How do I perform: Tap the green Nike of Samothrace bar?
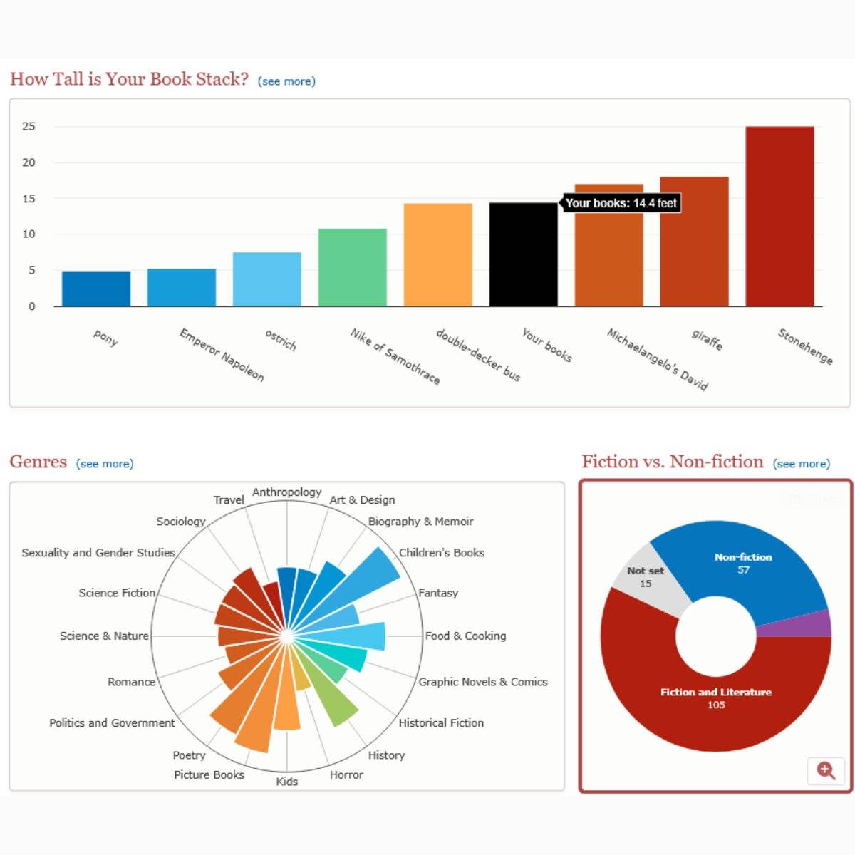point(352,268)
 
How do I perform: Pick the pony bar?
point(96,289)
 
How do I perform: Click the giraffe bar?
point(694,242)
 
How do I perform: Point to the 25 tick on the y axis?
point(28,127)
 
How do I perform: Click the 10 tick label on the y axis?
point(28,234)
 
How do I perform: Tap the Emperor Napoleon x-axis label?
point(222,355)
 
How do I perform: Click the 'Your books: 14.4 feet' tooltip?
point(621,203)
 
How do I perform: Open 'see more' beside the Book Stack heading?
point(286,81)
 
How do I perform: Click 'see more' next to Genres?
point(105,464)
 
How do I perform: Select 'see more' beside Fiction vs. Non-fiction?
point(802,464)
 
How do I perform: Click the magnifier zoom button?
point(826,770)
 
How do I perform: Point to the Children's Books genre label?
point(442,553)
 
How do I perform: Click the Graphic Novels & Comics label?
point(483,682)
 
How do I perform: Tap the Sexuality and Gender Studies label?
point(98,553)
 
